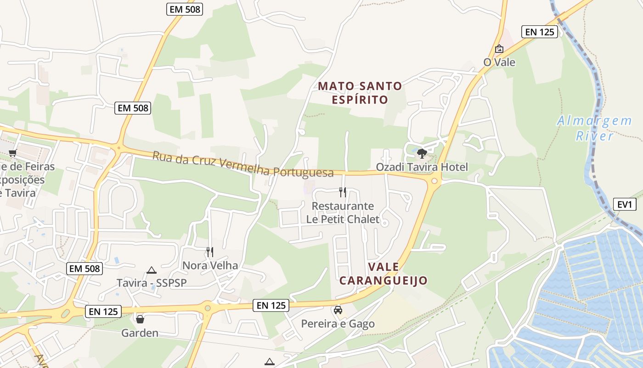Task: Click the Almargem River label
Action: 594,128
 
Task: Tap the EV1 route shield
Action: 624,205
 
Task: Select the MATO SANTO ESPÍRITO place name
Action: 360,92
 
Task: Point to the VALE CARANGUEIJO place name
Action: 384,273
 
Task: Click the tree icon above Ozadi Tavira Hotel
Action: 422,153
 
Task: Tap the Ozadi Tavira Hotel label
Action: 422,167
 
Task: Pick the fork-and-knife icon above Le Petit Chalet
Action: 342,192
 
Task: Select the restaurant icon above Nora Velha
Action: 210,252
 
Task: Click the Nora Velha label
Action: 210,265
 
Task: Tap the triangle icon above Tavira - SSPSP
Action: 152,270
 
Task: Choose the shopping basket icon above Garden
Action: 140,319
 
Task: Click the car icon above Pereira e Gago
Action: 338,310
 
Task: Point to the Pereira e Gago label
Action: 338,324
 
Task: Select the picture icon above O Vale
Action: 499,48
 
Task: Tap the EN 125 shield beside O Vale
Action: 539,32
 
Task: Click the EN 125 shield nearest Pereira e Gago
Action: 271,305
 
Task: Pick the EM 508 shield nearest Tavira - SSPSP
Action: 85,269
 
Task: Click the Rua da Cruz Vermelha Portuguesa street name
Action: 243,164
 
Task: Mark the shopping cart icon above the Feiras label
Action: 12,153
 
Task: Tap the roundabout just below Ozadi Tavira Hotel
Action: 434,181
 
